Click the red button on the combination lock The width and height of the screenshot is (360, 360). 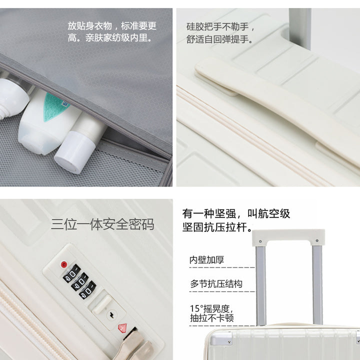[x=64, y=264]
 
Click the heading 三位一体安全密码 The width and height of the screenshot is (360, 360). [x=102, y=224]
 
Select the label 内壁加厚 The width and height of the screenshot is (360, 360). [x=206, y=260]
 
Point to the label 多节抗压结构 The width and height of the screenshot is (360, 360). [x=216, y=284]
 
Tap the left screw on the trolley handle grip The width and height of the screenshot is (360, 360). [x=260, y=241]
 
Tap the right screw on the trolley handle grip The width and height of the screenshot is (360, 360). [x=317, y=240]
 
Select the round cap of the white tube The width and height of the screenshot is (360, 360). [x=74, y=152]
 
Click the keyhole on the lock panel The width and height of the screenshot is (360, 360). [x=112, y=314]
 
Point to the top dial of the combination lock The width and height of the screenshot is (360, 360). [x=71, y=273]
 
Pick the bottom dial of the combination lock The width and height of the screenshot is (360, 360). [x=87, y=290]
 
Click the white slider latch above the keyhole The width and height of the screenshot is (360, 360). [x=102, y=304]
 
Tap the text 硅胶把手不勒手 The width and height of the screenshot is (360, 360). [x=220, y=27]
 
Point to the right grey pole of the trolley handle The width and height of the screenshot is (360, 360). [x=317, y=284]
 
